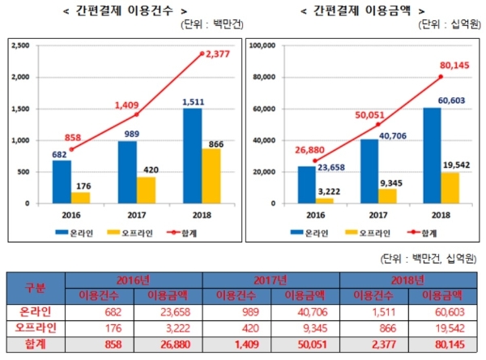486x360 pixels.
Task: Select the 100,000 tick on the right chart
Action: (267, 46)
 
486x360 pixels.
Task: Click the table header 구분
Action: (36, 288)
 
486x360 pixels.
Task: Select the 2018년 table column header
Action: (409, 280)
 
